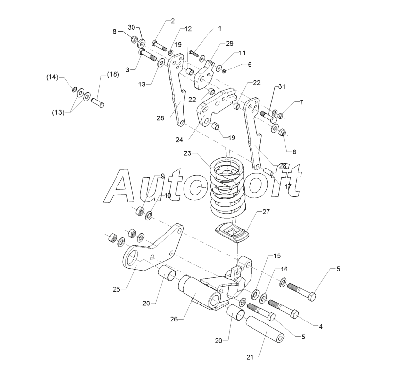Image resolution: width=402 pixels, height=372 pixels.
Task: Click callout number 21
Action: coord(250,357)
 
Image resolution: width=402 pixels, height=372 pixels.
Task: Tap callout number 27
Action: coord(266,211)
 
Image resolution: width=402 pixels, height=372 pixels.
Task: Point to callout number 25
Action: coord(116,290)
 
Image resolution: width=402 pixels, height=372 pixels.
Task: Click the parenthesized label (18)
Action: coord(113,74)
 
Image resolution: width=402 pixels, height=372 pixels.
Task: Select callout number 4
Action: coord(321,327)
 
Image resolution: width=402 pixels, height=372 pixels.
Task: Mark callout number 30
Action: coord(132,27)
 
